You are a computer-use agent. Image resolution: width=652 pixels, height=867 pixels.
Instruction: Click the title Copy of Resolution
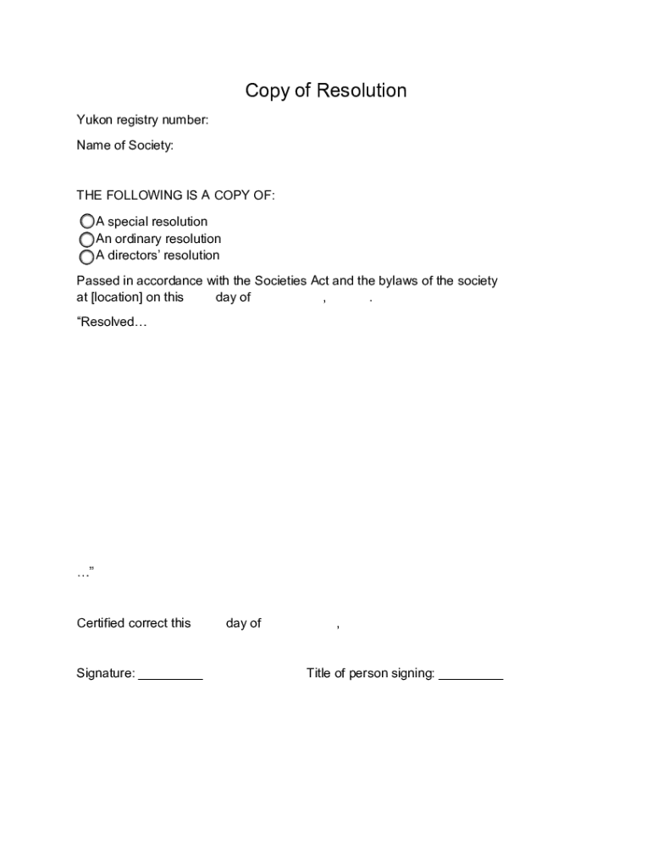326,91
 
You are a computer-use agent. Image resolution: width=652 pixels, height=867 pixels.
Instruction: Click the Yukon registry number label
142,120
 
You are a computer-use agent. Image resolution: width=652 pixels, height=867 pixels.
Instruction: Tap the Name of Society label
124,146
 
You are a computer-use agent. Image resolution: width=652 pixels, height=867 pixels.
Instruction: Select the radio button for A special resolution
86,223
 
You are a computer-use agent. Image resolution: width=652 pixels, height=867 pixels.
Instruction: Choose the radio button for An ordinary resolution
86,240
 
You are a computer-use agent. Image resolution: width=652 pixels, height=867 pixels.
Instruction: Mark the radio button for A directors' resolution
86,257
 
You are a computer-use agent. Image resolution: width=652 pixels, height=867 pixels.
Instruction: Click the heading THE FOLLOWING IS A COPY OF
175,196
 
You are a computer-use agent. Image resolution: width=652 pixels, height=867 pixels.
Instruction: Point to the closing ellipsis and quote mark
85,573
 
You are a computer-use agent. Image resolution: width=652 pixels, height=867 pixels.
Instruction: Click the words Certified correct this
134,623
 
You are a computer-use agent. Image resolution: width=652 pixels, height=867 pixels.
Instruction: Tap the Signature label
106,674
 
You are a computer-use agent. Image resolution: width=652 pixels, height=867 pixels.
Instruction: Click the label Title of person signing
370,674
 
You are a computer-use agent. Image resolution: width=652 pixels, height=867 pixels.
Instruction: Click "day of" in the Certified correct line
243,623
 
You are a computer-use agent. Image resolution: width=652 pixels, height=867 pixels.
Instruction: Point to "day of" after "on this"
233,297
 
